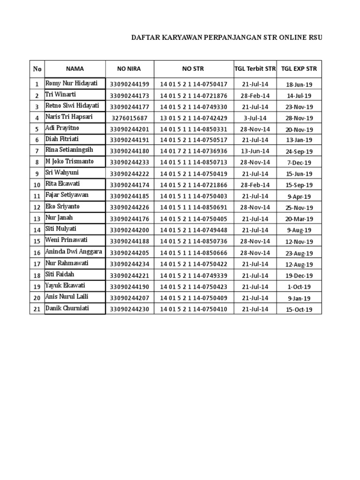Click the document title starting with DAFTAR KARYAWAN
tap(226, 38)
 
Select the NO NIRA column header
tap(129, 69)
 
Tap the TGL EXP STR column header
tap(299, 69)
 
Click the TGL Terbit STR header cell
tap(255, 69)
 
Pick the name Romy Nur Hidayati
tap(71, 83)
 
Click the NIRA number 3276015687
tap(129, 118)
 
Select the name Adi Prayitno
tap(63, 128)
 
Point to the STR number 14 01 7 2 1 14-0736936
tap(194, 151)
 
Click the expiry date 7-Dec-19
tap(299, 163)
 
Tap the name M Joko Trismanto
tap(69, 161)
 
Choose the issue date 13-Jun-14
tap(255, 151)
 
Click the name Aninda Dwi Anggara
tap(73, 252)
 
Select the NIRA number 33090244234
tap(129, 264)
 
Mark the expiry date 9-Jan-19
tap(299, 298)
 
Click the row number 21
tap(37, 309)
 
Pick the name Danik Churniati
tap(67, 308)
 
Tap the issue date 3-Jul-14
tap(255, 118)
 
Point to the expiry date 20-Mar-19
tap(299, 219)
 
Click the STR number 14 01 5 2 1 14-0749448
tap(194, 230)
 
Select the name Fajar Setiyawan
tap(67, 195)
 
